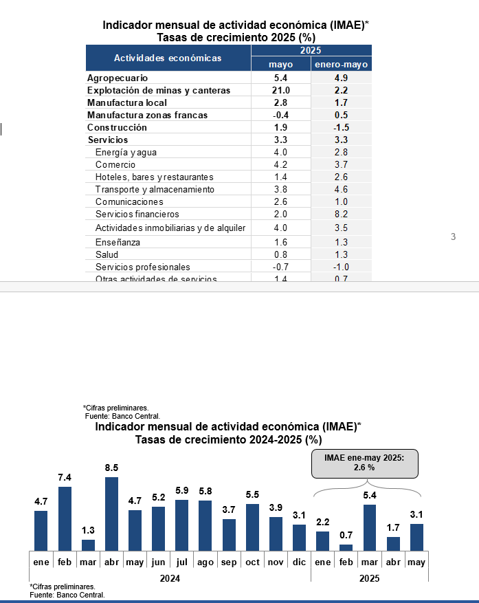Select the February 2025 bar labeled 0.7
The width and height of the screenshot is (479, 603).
coord(346,547)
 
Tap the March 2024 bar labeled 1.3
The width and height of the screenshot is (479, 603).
coord(88,545)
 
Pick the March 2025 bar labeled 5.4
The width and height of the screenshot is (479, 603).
coord(369,527)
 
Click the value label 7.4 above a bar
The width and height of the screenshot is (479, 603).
coord(65,478)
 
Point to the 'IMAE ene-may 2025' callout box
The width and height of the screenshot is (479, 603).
coord(364,463)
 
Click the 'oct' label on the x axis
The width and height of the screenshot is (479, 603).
coord(252,562)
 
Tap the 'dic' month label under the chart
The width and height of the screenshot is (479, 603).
coord(299,562)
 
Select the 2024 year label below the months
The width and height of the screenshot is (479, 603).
coord(170,579)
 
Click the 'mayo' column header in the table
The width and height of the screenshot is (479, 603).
coord(280,64)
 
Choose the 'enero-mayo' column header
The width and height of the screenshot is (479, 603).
coord(342,64)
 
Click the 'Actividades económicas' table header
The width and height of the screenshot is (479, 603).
coord(168,58)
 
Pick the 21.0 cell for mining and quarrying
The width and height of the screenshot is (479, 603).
coord(280,90)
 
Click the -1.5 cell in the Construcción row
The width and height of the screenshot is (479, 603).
coord(342,127)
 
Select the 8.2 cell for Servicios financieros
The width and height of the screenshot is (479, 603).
coord(342,214)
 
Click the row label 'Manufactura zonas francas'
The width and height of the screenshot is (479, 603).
coord(147,115)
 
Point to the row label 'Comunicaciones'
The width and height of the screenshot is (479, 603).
coord(129,201)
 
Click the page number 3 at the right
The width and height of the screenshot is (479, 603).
coord(453,237)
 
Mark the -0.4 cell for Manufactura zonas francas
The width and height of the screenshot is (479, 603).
coord(280,115)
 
